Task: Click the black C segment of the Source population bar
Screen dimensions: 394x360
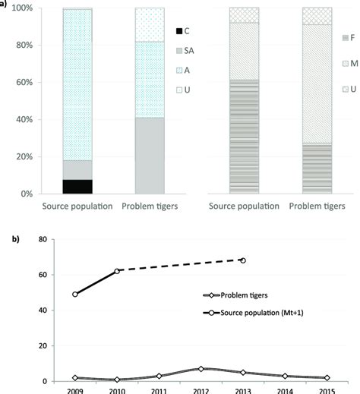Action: click(77, 186)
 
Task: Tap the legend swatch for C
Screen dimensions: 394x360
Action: click(180, 30)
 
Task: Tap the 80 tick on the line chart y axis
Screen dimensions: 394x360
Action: click(43, 239)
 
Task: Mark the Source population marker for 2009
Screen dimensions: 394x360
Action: click(75, 295)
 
